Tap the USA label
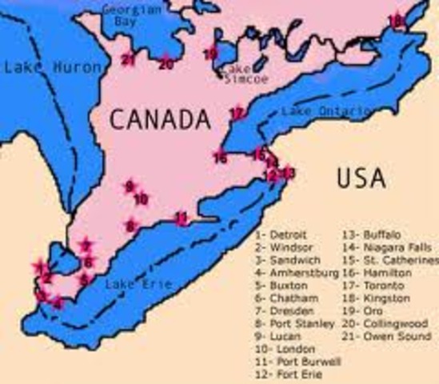360,176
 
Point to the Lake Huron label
42,67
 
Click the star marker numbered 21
129,58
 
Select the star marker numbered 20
166,63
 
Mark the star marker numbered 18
393,20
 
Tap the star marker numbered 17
236,114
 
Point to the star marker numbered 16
221,158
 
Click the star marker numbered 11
182,218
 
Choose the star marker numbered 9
129,186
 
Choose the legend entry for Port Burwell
297,362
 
